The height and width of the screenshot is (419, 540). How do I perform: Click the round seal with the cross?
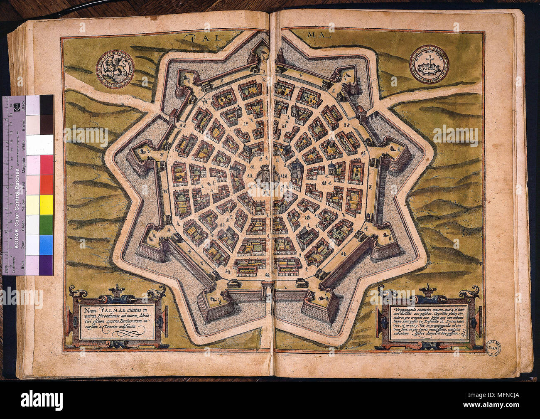point(429,64)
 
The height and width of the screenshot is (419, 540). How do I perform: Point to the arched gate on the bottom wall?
point(268,289)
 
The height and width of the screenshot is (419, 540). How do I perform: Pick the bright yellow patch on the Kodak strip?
point(46,205)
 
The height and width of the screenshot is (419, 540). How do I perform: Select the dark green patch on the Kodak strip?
point(46,224)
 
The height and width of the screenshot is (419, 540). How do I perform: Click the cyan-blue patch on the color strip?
point(46,244)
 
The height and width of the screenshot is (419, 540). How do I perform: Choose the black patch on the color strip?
point(46,105)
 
